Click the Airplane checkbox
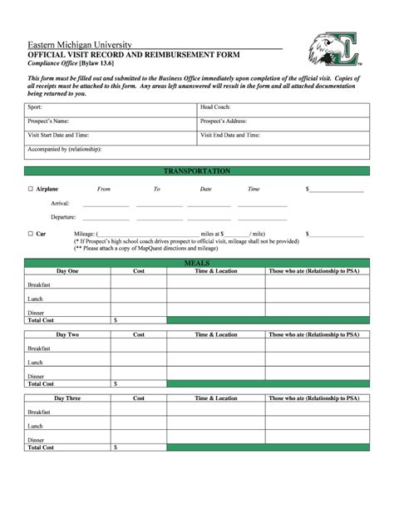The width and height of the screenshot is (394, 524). [x=30, y=190]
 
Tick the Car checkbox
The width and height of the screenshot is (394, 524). [x=30, y=234]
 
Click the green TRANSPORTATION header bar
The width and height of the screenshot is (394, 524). [x=197, y=171]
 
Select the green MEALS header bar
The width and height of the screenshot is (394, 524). [x=197, y=263]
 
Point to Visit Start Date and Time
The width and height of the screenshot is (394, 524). [x=59, y=135]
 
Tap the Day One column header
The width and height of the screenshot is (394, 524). [x=67, y=271]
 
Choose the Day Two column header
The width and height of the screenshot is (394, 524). [x=67, y=334]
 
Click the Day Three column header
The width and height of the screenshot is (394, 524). [x=67, y=398]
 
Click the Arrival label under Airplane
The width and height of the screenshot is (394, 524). [x=60, y=203]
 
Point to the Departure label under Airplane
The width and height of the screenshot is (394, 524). [x=63, y=217]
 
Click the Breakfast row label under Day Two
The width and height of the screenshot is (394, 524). [x=39, y=349]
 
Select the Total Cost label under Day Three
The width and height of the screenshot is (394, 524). [x=41, y=447]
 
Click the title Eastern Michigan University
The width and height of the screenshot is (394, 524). [x=79, y=43]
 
